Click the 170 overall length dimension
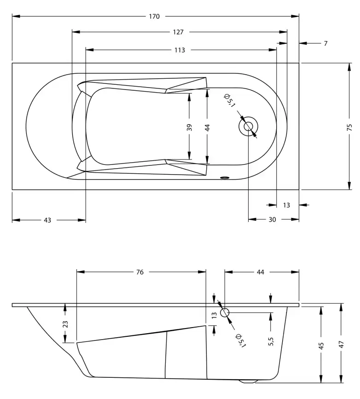(154, 17)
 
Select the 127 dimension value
(179, 32)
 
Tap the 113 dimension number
(180, 50)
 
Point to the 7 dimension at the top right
(325, 43)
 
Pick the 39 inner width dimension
(189, 128)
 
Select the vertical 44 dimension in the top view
(208, 128)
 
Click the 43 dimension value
(47, 220)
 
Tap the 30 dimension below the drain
(272, 220)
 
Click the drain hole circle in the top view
(248, 126)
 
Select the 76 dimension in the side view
(140, 272)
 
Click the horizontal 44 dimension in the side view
(261, 272)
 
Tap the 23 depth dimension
(65, 324)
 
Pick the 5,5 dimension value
(271, 342)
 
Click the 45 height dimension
(321, 345)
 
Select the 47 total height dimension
(341, 345)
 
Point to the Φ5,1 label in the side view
(240, 341)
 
